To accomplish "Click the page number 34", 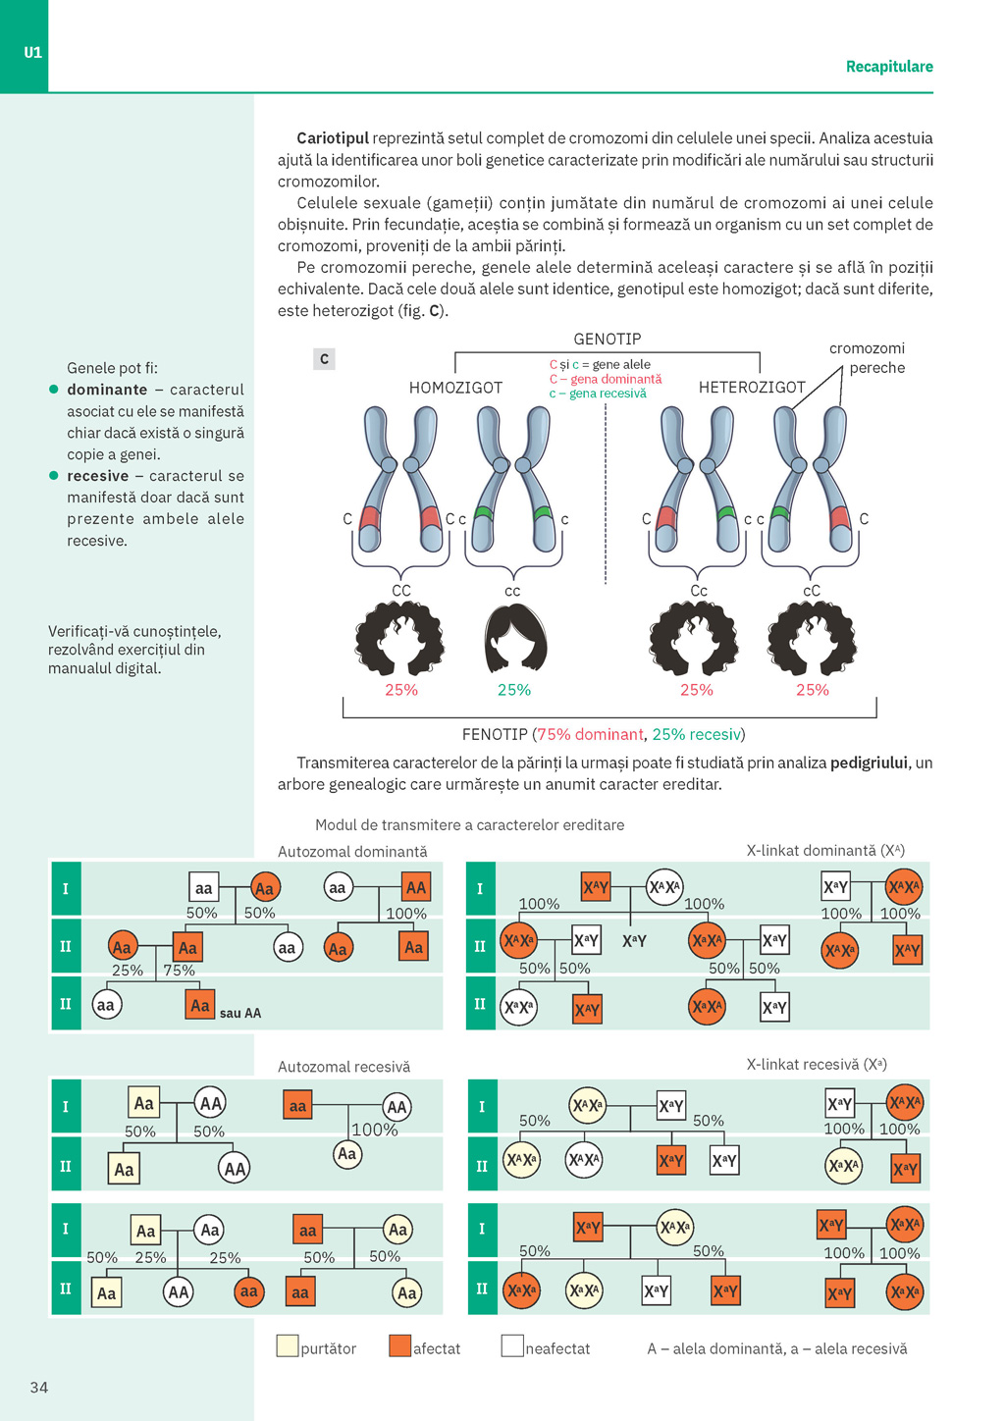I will click(x=39, y=1387).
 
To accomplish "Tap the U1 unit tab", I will click(x=32, y=52).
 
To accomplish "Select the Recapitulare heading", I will click(x=889, y=66).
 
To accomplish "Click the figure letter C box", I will click(x=324, y=359).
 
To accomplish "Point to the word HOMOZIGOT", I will click(x=455, y=388).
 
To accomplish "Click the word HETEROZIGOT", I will click(x=752, y=388).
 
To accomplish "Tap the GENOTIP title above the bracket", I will click(x=608, y=339).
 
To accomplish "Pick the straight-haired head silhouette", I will click(x=514, y=639).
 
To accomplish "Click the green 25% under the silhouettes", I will click(x=514, y=690).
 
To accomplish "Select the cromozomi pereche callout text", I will click(x=867, y=358).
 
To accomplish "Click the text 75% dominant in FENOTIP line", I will click(x=590, y=734).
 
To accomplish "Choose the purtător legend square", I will click(x=288, y=1345).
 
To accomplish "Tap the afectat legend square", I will click(x=399, y=1345).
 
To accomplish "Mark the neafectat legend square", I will click(x=512, y=1345).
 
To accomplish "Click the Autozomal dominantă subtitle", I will click(x=352, y=852).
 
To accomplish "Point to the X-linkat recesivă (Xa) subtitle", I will click(x=817, y=1065).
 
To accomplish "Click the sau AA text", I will click(x=240, y=1013).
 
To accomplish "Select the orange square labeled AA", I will click(x=416, y=887).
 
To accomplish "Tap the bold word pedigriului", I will click(x=869, y=763).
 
